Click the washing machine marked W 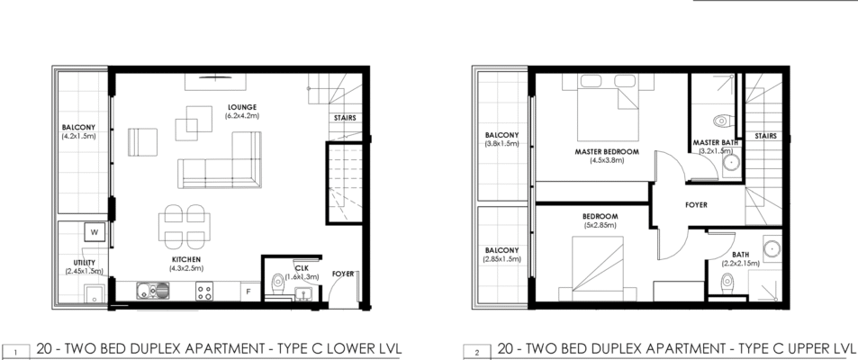pyautogui.click(x=95, y=232)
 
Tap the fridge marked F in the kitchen pyautogui.click(x=248, y=292)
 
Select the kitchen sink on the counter pyautogui.click(x=153, y=291)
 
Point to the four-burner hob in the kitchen pyautogui.click(x=204, y=291)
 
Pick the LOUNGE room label pyautogui.click(x=242, y=107)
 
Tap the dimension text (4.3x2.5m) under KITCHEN pyautogui.click(x=186, y=268)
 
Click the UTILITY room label pyautogui.click(x=85, y=263)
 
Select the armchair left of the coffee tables pyautogui.click(x=143, y=142)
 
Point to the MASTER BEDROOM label pyautogui.click(x=607, y=151)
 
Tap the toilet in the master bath pyautogui.click(x=722, y=121)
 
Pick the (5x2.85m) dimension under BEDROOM pyautogui.click(x=600, y=225)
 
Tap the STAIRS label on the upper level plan pyautogui.click(x=765, y=136)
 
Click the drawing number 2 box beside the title pyautogui.click(x=477, y=352)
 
